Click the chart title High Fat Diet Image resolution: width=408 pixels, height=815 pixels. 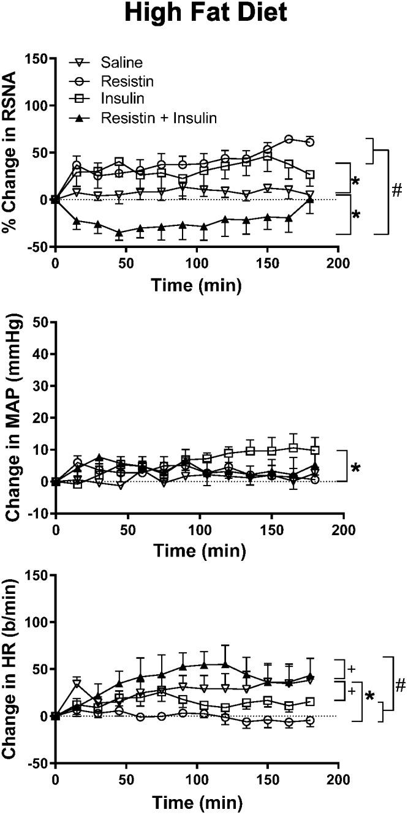pos(205,13)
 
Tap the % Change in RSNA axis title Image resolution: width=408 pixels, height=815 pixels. pos(10,152)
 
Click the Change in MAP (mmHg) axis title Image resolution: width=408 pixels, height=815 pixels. pos(10,416)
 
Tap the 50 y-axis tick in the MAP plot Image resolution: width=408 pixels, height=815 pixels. pos(40,322)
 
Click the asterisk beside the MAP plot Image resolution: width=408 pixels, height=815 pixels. pos(355,469)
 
